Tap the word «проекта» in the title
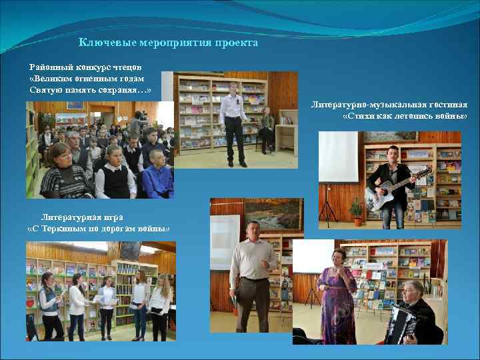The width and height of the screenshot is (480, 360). pyautogui.click(x=236, y=43)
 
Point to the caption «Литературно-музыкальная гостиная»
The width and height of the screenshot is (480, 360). pyautogui.click(x=389, y=105)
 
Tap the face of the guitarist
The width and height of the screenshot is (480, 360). pyautogui.click(x=393, y=153)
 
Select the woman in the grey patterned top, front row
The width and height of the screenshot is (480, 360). pyautogui.click(x=63, y=173)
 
